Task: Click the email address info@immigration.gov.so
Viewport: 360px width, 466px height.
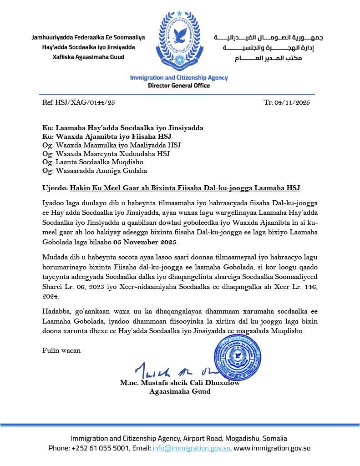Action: (192, 448)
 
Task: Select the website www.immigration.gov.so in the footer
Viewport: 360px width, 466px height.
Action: (272, 448)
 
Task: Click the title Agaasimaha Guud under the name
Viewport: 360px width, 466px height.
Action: (180, 391)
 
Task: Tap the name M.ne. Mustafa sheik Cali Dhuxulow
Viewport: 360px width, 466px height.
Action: (180, 383)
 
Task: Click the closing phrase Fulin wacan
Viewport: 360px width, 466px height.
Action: (61, 350)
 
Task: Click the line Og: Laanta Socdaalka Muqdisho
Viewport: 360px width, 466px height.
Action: (93, 162)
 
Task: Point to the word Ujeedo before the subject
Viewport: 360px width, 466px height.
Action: (54, 188)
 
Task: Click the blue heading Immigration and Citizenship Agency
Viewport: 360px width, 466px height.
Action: (179, 78)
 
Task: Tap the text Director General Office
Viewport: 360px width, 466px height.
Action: (179, 86)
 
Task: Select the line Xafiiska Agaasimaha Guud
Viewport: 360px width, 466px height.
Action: (88, 57)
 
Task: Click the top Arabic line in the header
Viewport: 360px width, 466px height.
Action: (269, 38)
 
